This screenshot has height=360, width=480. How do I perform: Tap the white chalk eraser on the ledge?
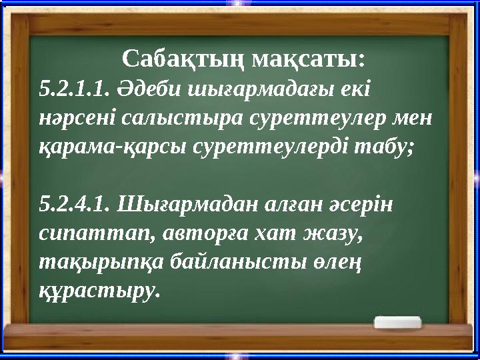click(x=397, y=323)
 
